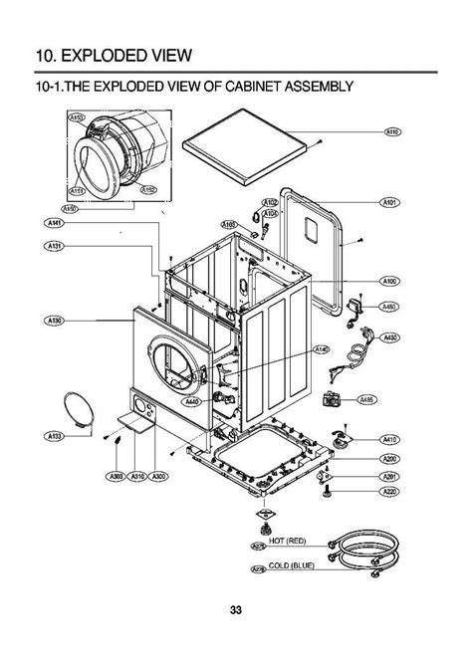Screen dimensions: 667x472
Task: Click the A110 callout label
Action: (x=391, y=131)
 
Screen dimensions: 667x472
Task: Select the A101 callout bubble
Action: (x=390, y=202)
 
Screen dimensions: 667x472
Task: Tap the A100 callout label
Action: (x=390, y=282)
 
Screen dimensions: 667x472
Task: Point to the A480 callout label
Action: (x=390, y=307)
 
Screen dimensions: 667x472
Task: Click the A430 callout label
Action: (x=390, y=338)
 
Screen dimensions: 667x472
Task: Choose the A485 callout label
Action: (x=366, y=400)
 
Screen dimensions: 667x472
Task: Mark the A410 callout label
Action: (x=390, y=439)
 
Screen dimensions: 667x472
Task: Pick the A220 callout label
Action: (x=390, y=491)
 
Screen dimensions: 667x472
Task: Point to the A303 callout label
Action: (x=118, y=477)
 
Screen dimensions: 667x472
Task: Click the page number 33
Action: (x=235, y=609)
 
